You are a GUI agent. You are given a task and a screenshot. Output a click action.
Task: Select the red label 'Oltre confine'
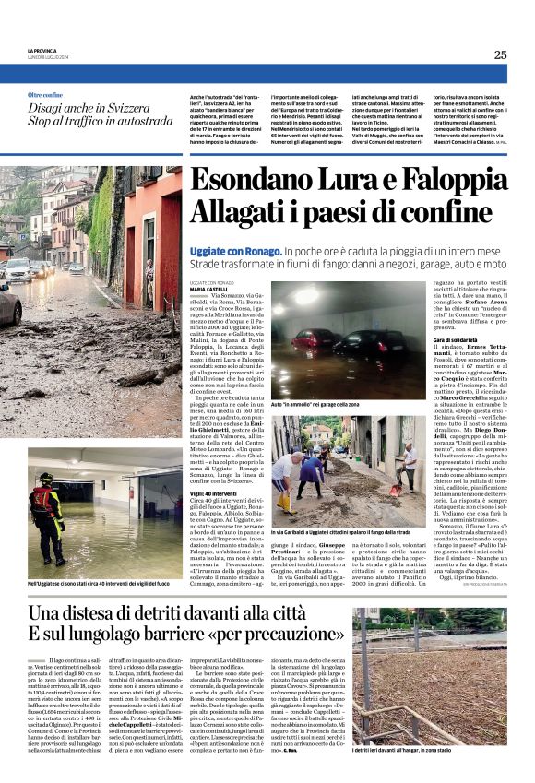point(45,95)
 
